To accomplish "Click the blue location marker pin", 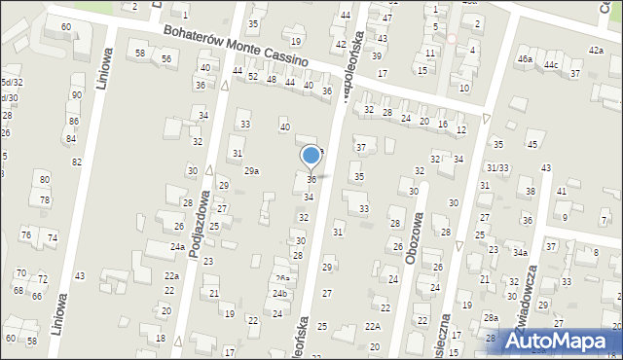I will pyautogui.click(x=311, y=156).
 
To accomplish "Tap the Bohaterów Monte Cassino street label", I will pyautogui.click(x=237, y=46).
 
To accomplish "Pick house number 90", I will pyautogui.click(x=76, y=94).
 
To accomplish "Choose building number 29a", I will pyautogui.click(x=251, y=171).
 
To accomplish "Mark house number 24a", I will pyautogui.click(x=177, y=247).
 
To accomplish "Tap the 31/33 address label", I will pyautogui.click(x=497, y=167).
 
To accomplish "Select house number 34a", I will pyautogui.click(x=521, y=253).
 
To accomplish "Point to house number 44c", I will pyautogui.click(x=551, y=64).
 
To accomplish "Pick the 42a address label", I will pyautogui.click(x=595, y=50).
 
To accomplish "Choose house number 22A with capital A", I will pyautogui.click(x=373, y=326).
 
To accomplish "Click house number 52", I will pyautogui.click(x=253, y=76).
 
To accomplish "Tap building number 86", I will pyautogui.click(x=73, y=121).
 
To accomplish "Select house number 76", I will pyautogui.click(x=26, y=234).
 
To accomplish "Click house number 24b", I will pyautogui.click(x=279, y=293).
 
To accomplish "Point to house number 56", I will pyautogui.click(x=166, y=59).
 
